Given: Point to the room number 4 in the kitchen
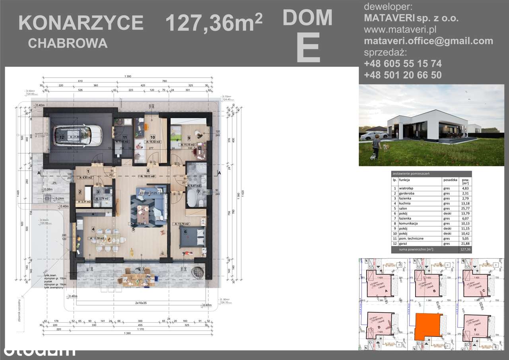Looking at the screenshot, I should (93, 229).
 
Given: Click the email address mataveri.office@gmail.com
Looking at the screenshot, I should (428, 41).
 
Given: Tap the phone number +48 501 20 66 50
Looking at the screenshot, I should (402, 75).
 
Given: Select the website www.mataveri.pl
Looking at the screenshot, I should (400, 29).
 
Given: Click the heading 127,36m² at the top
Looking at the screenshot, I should (213, 23).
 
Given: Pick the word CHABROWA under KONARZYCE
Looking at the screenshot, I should (68, 43).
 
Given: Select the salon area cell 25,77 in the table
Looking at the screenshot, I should (462, 208).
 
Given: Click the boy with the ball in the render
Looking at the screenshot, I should (376, 146).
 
